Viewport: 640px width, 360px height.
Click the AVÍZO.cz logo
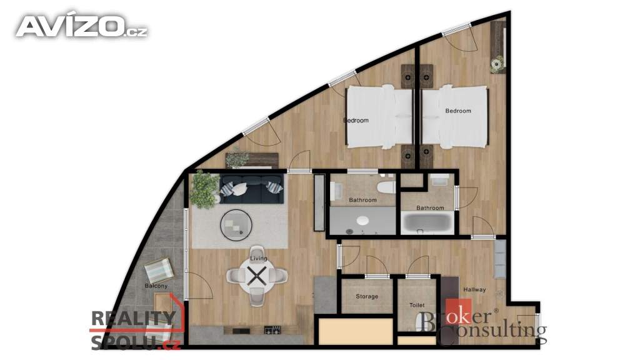82,26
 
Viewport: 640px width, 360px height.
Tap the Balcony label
156,286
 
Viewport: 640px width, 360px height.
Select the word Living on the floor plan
258,258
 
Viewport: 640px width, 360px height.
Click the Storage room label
367,296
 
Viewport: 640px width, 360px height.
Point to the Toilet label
417,305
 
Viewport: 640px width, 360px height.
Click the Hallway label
475,290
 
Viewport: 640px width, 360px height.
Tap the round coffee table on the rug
236,224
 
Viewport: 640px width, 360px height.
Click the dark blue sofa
251,189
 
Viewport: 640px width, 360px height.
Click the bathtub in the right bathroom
427,222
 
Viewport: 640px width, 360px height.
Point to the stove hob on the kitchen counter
272,330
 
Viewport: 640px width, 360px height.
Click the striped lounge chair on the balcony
160,270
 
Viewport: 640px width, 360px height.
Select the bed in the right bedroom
455,117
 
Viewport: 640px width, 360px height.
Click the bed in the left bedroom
379,117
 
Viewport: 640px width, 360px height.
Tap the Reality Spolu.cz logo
136,329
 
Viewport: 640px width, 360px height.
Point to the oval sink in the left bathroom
363,221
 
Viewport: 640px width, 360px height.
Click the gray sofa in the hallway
500,259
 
